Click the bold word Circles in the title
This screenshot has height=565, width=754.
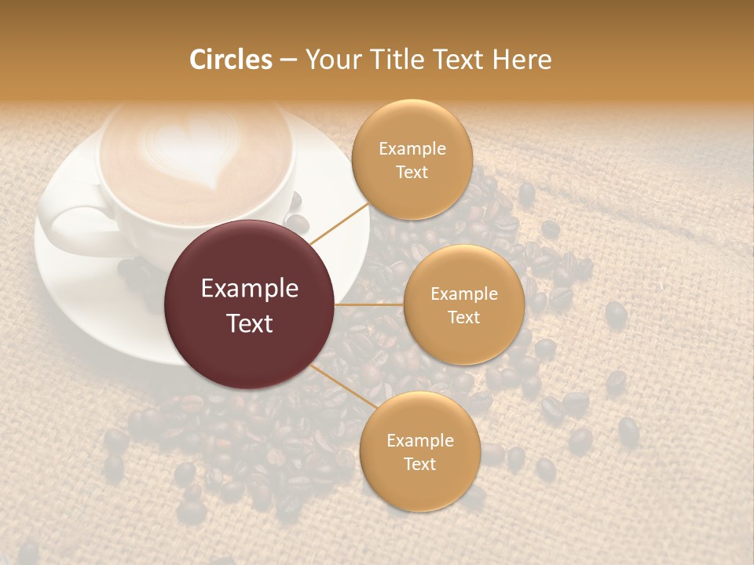click(231, 60)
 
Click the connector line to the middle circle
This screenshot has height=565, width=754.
click(369, 304)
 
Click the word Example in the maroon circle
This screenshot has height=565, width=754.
click(250, 289)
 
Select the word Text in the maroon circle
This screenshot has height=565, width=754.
click(250, 323)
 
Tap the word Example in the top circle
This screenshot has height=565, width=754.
click(412, 149)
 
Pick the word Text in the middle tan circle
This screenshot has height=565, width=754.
click(464, 317)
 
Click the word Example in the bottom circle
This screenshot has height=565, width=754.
click(420, 441)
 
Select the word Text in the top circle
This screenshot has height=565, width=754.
click(412, 172)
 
